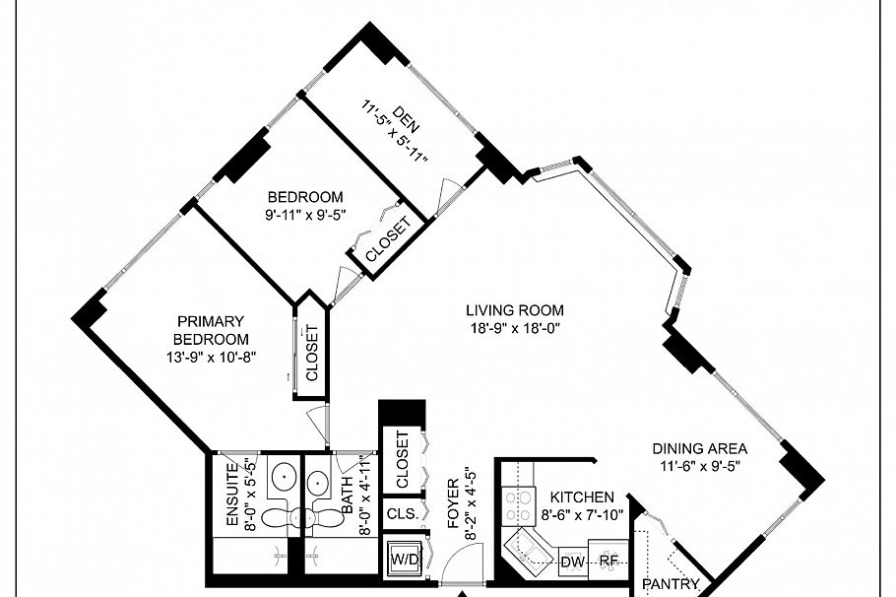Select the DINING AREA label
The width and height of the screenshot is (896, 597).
pos(699,448)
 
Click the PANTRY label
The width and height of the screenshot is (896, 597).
pos(671,584)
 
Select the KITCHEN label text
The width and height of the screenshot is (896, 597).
pos(582,497)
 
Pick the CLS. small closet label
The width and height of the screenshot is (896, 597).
pos(401,514)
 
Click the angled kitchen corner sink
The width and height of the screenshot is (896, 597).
pos(530,548)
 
